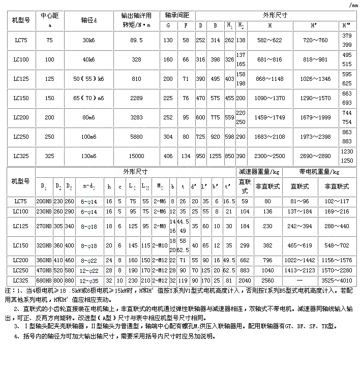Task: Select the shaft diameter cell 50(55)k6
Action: click(89, 80)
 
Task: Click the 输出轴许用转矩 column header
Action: click(135, 20)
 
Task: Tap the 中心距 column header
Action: click(49, 20)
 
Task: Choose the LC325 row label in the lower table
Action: click(21, 280)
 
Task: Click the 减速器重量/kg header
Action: click(259, 171)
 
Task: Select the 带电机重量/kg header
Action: click(319, 171)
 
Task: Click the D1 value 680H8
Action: click(44, 280)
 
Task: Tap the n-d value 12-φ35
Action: click(89, 280)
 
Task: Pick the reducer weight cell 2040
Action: click(245, 280)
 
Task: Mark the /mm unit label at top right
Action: click(354, 5)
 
